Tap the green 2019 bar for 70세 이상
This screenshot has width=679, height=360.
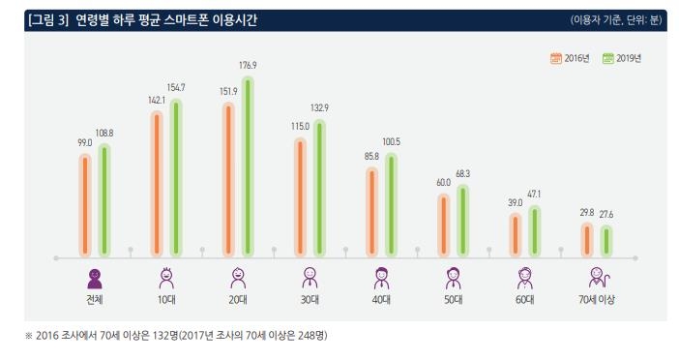(x=606, y=241)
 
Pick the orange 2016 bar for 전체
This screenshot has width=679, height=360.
(x=85, y=203)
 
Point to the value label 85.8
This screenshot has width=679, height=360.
(x=371, y=156)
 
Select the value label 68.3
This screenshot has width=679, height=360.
(x=463, y=174)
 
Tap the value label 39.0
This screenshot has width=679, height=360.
(x=516, y=202)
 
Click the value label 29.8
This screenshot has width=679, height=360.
(x=587, y=212)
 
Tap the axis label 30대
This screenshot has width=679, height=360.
(x=310, y=300)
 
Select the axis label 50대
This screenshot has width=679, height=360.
(x=453, y=300)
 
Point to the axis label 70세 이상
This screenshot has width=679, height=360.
(x=597, y=300)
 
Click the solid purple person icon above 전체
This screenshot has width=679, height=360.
(x=94, y=278)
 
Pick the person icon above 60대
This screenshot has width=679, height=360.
(x=524, y=278)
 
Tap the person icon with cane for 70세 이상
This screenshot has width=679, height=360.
(x=597, y=278)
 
